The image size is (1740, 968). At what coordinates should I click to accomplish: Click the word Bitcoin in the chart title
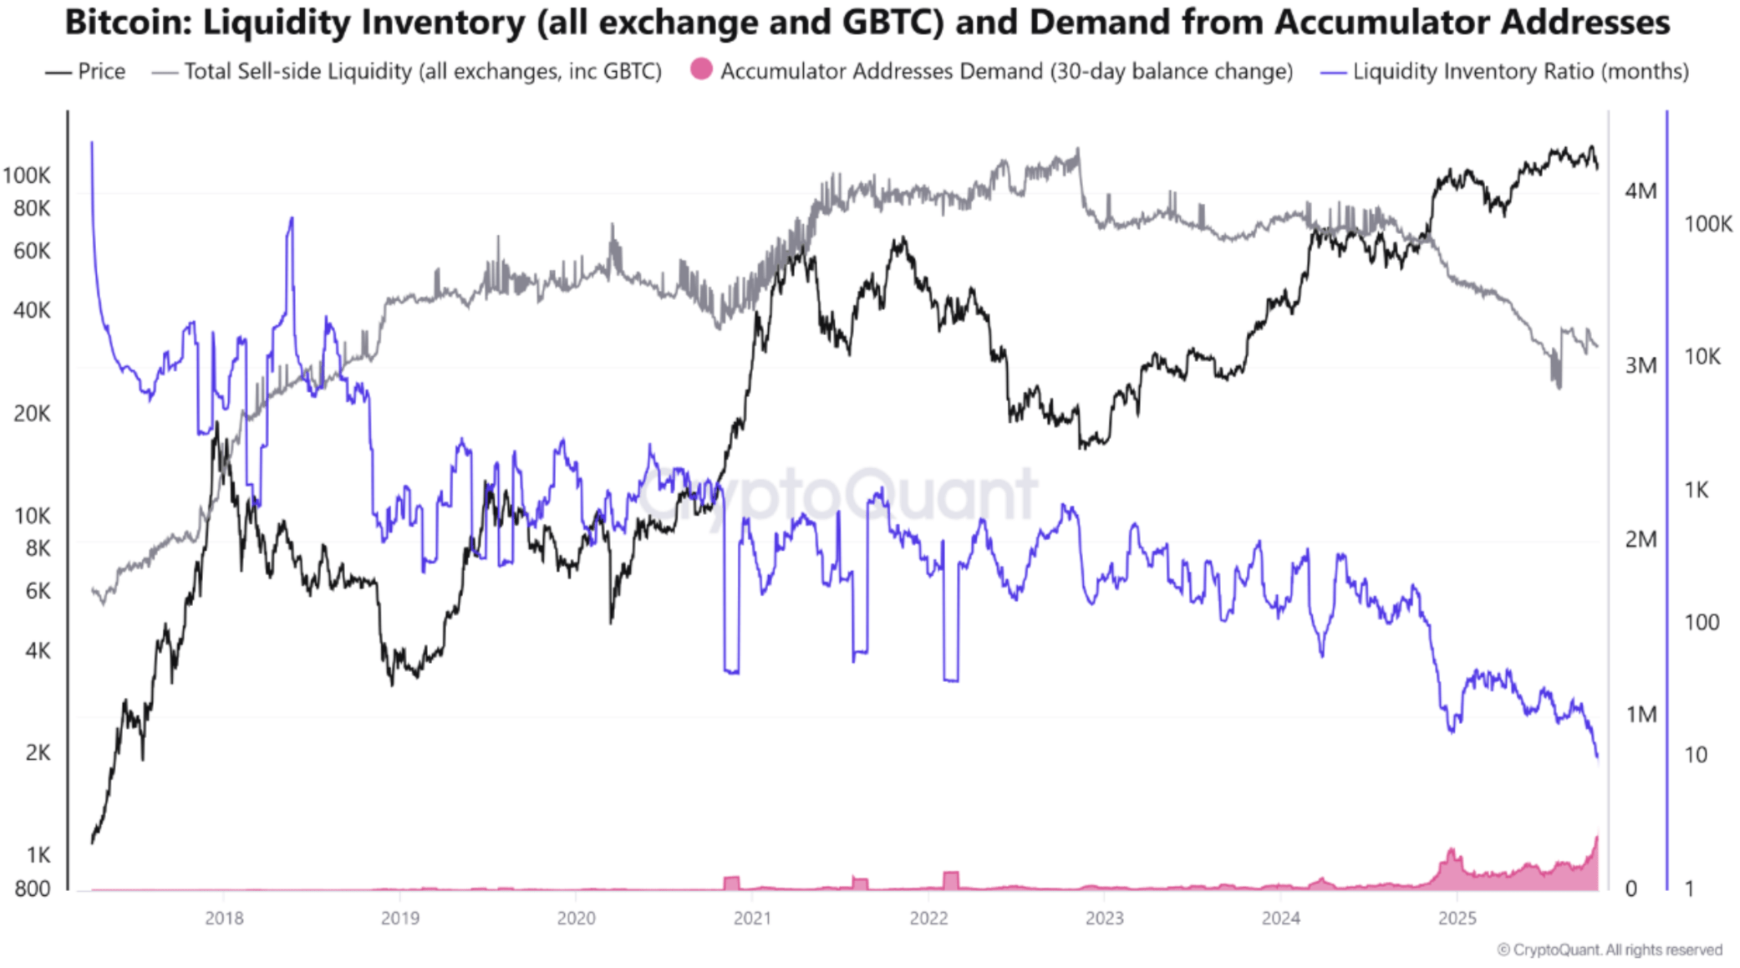(127, 23)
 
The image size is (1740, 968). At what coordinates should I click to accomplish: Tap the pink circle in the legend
(702, 70)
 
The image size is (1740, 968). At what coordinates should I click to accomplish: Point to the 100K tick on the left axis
(27, 176)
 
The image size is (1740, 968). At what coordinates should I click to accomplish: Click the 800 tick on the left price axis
(33, 889)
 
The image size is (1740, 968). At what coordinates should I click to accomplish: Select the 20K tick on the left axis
(33, 414)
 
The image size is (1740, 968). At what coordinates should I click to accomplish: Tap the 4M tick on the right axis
(1641, 191)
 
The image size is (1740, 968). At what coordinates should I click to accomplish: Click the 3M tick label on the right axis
(1641, 365)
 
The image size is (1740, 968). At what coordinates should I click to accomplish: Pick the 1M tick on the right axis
(1641, 715)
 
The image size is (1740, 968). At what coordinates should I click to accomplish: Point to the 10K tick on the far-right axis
(1702, 357)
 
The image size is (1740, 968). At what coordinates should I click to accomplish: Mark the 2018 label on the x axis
(224, 918)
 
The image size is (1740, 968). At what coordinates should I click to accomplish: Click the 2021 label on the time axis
(752, 918)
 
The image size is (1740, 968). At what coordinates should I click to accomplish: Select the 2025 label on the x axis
(1457, 918)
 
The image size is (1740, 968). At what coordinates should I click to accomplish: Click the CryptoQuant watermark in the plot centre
(836, 495)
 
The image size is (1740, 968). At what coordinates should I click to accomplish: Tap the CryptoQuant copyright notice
(1609, 950)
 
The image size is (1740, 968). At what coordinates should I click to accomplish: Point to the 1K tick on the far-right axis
(1697, 490)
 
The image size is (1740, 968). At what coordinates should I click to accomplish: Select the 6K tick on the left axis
(38, 592)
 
